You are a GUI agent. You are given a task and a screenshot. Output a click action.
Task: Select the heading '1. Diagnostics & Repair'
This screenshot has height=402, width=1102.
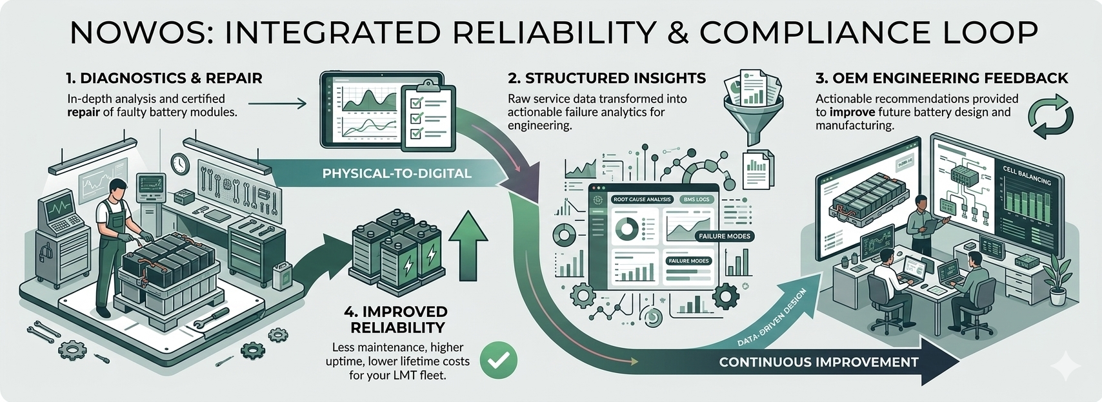(x=164, y=79)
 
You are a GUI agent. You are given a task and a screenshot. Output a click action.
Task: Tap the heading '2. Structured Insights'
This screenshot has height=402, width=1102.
(x=606, y=79)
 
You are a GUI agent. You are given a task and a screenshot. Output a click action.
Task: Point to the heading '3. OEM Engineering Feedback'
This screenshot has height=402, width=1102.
(x=941, y=79)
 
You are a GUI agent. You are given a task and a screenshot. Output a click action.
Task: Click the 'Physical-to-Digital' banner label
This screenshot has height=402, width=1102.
(x=397, y=173)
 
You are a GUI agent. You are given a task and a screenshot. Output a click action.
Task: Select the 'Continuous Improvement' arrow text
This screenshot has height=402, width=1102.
(x=818, y=362)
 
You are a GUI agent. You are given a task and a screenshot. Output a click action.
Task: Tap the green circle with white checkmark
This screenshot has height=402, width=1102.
(x=499, y=360)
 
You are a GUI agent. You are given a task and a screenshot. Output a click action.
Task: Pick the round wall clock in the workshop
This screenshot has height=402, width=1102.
(x=179, y=164)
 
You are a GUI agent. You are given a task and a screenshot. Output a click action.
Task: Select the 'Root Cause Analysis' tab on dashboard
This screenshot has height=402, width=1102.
(x=642, y=200)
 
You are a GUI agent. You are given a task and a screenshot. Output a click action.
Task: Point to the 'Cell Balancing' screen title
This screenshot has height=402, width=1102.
(x=1027, y=176)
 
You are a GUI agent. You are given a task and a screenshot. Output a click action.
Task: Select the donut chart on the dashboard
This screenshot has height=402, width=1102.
(x=626, y=228)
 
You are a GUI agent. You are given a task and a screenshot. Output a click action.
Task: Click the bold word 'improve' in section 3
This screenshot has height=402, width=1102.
(x=852, y=112)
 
